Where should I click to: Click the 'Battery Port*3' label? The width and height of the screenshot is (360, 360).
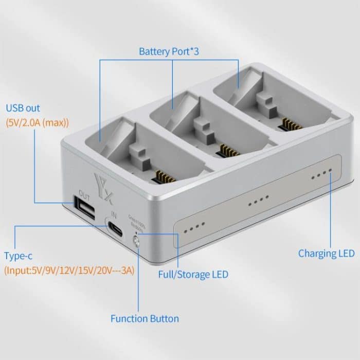coord(169,52)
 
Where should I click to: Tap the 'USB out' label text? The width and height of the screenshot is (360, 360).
coord(23,109)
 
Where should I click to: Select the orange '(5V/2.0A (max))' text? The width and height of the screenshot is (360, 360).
coord(37,123)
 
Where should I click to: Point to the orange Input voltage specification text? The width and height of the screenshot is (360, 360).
coord(69,269)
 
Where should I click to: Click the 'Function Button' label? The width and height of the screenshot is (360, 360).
coord(145,318)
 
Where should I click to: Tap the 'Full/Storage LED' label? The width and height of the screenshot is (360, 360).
coord(193,274)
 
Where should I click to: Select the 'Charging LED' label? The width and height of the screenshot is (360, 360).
coord(326,253)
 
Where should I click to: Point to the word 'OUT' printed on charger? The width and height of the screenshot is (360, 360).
coord(84,194)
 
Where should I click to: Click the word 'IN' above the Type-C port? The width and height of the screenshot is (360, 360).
coord(114,216)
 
